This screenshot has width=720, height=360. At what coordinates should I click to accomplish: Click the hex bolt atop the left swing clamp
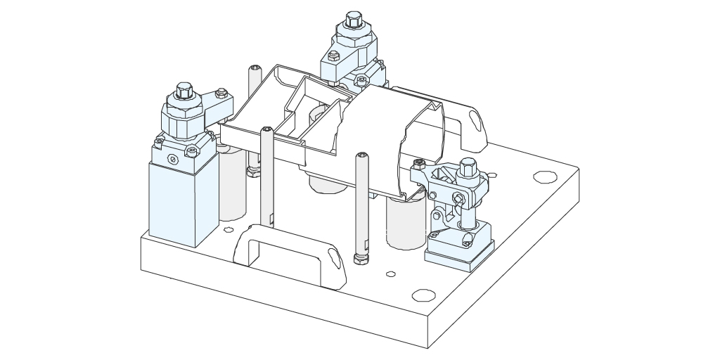tap(184, 91)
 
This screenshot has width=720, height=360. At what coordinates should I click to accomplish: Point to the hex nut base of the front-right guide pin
tap(361, 258)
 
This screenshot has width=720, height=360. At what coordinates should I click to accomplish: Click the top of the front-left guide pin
tap(267, 130)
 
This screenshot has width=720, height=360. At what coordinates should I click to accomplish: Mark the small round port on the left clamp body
tap(170, 160)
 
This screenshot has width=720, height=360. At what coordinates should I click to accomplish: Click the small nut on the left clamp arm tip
tap(221, 91)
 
